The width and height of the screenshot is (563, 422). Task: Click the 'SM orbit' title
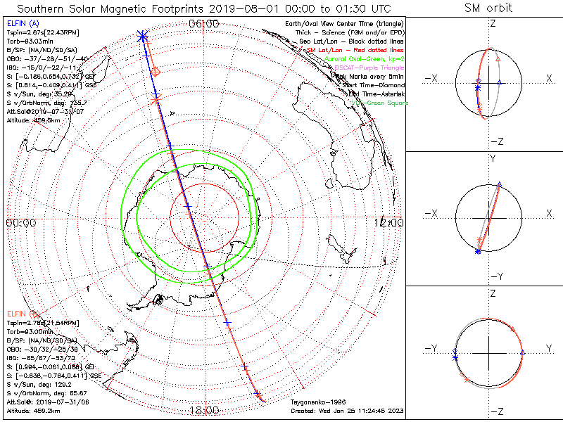tap(488, 8)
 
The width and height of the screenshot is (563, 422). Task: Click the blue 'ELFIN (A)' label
tap(23, 24)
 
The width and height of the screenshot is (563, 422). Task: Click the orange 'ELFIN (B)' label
tap(23, 313)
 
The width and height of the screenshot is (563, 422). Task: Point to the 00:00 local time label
tap(20, 222)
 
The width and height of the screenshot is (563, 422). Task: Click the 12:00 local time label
tap(389, 222)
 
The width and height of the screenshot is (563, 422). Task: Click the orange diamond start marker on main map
tap(156, 72)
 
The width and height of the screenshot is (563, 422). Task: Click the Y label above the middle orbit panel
tap(493, 159)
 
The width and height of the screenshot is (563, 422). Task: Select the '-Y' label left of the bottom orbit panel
tap(435, 349)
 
